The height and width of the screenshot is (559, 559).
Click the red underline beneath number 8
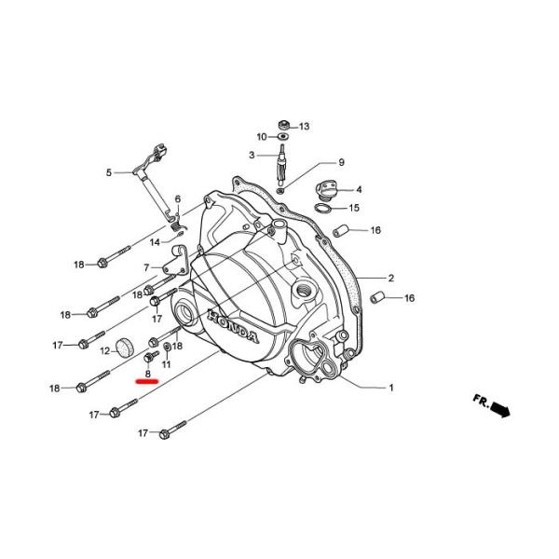point(148,381)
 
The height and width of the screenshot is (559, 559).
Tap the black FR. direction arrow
point(501,409)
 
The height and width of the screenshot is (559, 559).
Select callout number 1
point(391,387)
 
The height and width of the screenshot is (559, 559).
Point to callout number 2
point(391,278)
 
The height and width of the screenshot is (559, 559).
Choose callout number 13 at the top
point(304,126)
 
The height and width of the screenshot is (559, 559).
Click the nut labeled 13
point(281,124)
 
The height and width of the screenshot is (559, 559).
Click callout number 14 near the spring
point(156,242)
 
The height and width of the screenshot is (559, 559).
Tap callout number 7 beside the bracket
point(146,267)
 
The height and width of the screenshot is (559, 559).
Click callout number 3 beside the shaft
point(252,155)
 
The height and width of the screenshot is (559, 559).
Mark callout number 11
point(166,363)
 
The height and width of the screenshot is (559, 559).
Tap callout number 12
point(105,351)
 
